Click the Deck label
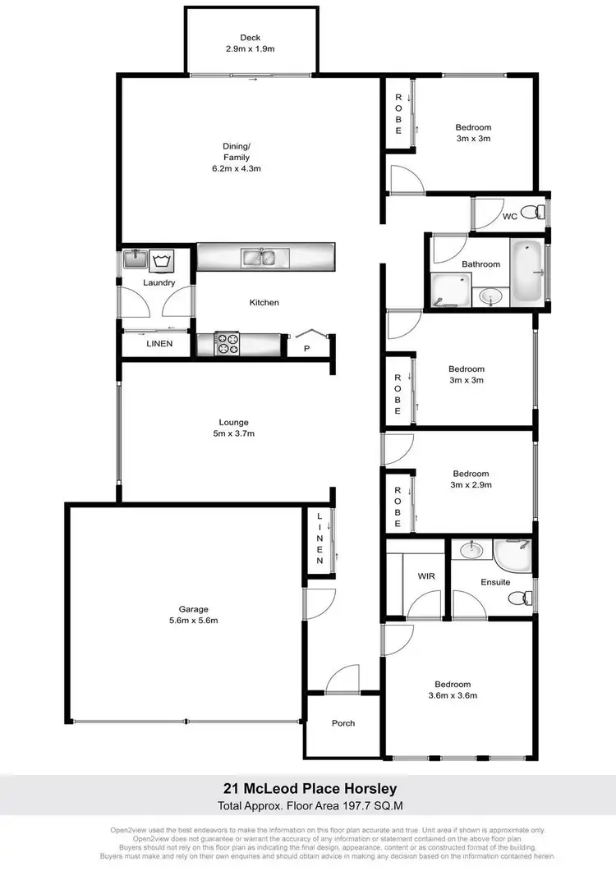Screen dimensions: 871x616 pos(251,37)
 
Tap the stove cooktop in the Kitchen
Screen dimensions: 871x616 pos(227,343)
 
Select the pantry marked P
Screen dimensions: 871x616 pos(306,348)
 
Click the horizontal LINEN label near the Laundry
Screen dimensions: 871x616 pos(159,343)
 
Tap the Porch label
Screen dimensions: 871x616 pos(343,723)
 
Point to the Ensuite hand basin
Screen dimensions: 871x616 pos(471,549)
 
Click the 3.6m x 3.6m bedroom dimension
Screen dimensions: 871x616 pos(453,695)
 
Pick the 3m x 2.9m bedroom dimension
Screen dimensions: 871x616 pos(470,484)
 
